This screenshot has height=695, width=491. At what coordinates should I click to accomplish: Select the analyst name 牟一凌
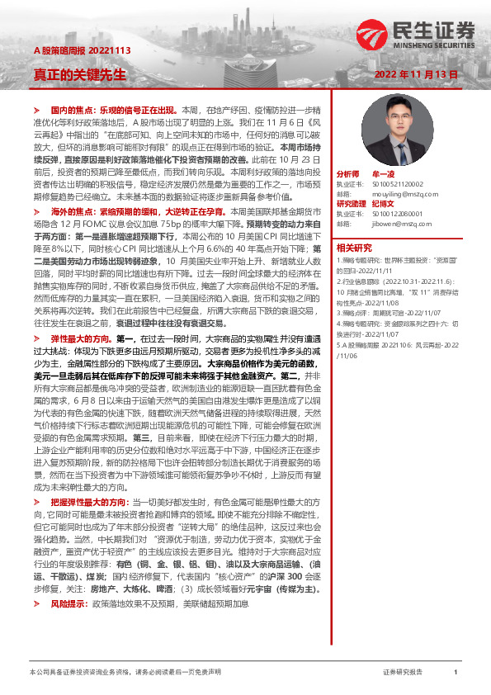385,174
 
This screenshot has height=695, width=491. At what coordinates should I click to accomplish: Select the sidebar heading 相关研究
353,247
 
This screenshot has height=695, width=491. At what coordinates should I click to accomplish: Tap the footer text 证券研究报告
403,673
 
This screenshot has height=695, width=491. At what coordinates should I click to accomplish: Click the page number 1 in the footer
456,673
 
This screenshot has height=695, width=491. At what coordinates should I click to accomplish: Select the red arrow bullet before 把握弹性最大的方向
35,523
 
